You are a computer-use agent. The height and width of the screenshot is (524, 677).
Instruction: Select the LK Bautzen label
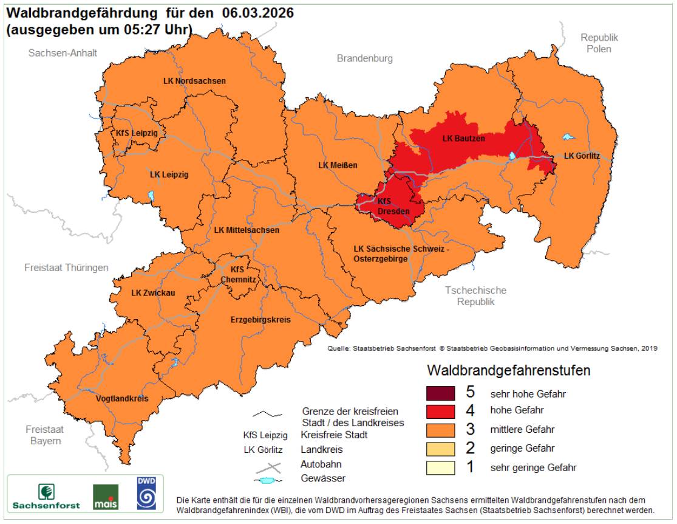pos(463,139)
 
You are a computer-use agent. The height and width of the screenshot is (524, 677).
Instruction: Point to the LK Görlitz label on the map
pos(581,156)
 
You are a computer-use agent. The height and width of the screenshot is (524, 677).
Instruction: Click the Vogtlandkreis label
pos(122,399)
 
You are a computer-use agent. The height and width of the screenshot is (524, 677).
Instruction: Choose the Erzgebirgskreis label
pos(260,320)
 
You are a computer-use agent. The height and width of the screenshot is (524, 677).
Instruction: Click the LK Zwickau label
pos(153,293)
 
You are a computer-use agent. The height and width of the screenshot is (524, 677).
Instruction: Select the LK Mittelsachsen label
pos(247,230)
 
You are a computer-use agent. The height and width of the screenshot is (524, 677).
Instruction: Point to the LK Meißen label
pos(338,165)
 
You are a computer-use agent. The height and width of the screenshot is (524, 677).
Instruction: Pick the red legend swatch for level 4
pos(441,411)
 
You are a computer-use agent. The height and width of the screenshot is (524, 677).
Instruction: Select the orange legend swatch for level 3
pos(441,430)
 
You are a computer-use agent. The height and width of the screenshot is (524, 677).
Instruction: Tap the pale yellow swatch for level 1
pos(441,467)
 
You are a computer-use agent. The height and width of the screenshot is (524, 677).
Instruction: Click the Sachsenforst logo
pos(46,495)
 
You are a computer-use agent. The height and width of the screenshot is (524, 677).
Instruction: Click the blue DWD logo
pos(146,493)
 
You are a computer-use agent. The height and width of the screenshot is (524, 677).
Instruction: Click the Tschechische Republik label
pos(475,296)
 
